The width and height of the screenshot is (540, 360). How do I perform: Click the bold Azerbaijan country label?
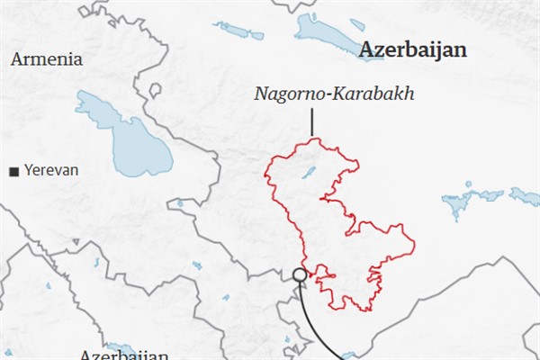413,50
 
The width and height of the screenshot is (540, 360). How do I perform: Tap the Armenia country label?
47,59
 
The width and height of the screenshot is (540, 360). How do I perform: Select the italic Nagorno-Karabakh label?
333,94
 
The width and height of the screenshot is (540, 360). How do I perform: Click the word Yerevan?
51,170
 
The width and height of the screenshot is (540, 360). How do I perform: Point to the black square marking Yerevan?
13,171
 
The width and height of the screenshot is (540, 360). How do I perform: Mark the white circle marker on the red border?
299,274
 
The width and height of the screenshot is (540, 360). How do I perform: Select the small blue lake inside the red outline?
309,171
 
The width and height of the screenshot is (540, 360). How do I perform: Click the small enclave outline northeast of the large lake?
155,90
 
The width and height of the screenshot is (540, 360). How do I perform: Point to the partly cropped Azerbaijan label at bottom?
123,355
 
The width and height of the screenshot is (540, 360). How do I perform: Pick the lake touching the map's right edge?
525,196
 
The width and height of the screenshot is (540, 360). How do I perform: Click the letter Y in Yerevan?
28,170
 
